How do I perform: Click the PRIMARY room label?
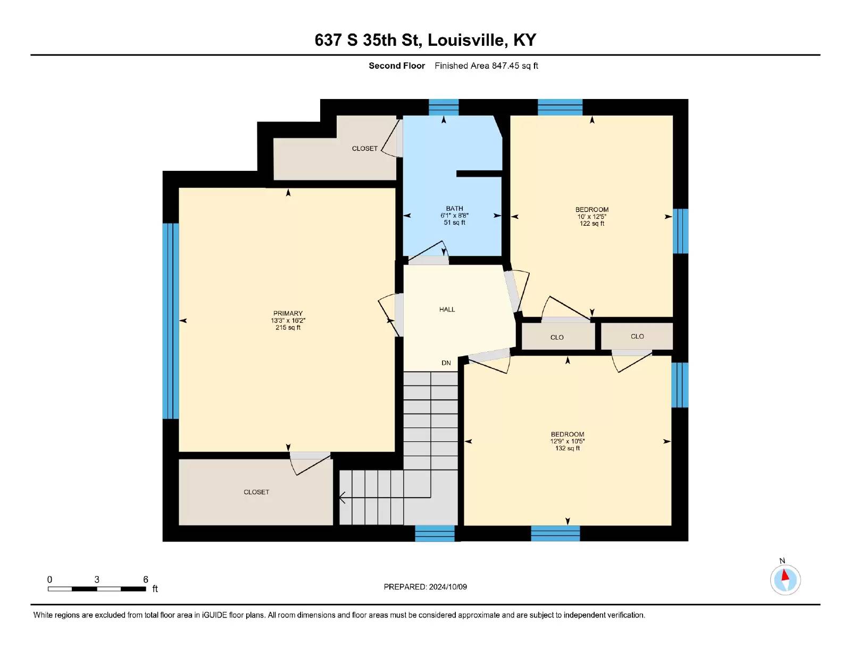tap(288, 313)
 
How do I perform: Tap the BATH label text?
tap(454, 209)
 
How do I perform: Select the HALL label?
tap(447, 309)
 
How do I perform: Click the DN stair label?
tap(446, 363)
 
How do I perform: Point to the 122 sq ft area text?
tap(592, 224)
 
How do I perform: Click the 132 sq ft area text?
tap(567, 448)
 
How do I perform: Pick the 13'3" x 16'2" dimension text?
tap(288, 320)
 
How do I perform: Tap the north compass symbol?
tap(785, 579)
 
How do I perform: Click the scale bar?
tap(97, 589)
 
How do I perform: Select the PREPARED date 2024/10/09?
tap(448, 587)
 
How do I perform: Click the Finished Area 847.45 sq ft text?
tap(486, 66)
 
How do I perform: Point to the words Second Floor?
tap(397, 66)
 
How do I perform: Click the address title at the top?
tap(425, 40)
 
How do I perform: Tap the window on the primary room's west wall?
tap(171, 321)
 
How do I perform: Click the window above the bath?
tap(444, 107)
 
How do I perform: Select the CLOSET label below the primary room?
tap(256, 492)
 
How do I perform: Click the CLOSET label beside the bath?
tap(365, 148)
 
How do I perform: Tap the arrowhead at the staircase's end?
tap(341, 498)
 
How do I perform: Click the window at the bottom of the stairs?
tap(435, 533)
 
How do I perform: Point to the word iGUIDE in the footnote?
tap(214, 615)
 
